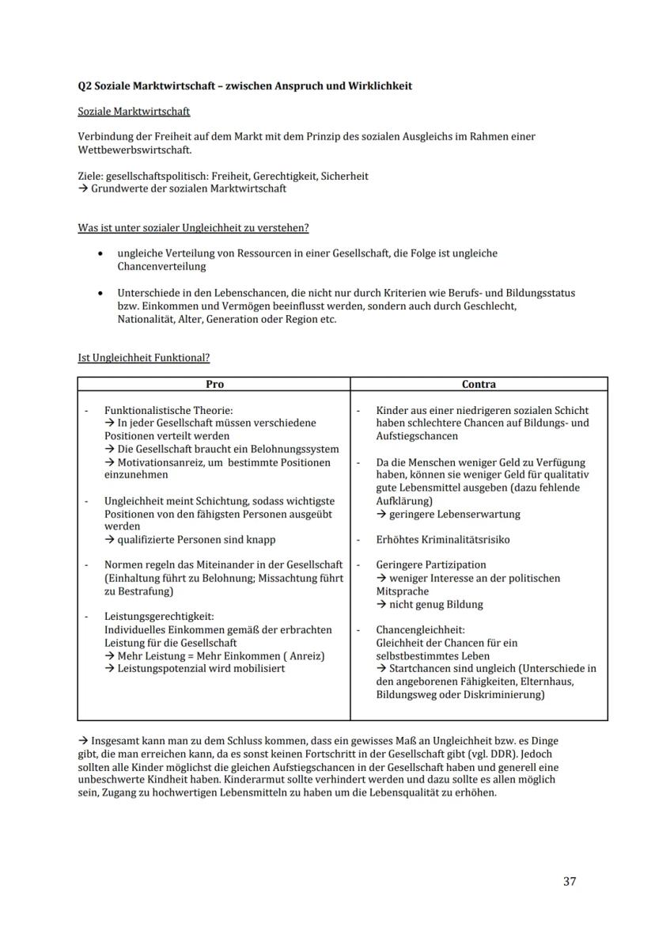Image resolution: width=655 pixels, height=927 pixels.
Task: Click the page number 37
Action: point(570,882)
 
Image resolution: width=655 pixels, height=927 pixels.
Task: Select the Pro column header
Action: point(214,384)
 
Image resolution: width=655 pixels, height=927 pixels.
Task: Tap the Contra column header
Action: point(479,384)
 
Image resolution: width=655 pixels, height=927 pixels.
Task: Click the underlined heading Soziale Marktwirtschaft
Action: point(134,112)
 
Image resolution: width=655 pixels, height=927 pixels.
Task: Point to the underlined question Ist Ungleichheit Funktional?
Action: point(143,358)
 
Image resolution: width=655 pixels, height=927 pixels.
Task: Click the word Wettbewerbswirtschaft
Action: point(134,150)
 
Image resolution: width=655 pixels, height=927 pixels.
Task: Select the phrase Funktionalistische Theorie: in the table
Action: point(168,410)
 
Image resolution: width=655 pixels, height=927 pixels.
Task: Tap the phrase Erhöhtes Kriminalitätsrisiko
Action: point(442,540)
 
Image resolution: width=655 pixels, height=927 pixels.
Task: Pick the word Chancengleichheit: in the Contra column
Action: point(420,630)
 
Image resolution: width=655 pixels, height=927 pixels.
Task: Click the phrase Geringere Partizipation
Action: point(431,565)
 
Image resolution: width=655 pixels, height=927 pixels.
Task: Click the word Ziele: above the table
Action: point(91,176)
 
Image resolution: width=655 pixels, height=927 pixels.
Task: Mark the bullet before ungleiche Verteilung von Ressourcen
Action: point(99,254)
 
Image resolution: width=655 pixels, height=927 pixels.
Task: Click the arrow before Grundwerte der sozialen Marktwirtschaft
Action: point(82,188)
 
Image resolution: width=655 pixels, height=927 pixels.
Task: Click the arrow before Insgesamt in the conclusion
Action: point(83,741)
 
